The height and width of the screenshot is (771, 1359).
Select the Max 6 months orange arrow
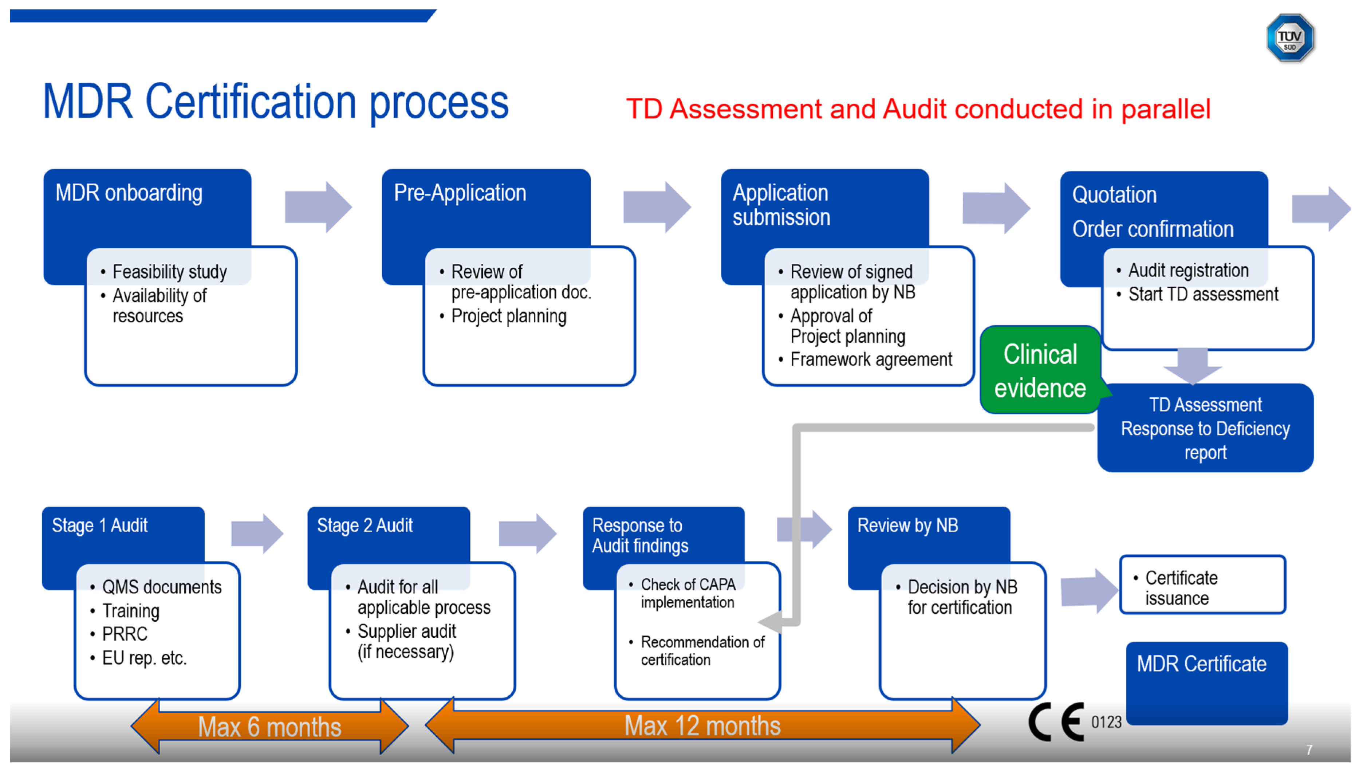click(x=269, y=727)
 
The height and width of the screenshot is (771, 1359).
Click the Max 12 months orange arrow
click(x=702, y=725)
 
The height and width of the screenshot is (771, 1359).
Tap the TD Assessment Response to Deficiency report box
click(x=1205, y=428)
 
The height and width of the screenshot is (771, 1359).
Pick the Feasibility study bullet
click(x=169, y=272)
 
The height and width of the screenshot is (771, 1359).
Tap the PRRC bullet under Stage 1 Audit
click(x=125, y=634)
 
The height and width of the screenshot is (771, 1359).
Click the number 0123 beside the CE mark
click(x=1106, y=722)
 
